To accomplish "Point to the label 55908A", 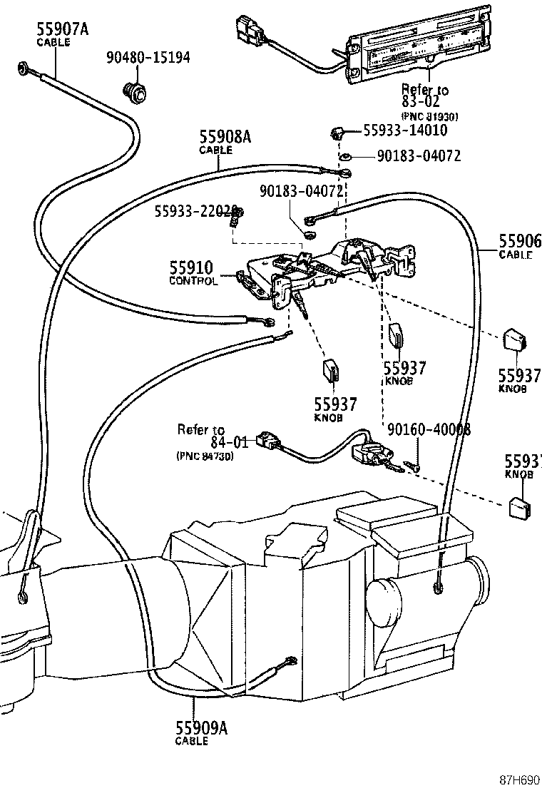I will pos(225,137).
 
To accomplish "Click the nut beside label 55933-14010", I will pos(339,133).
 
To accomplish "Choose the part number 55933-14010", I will pos(405,130).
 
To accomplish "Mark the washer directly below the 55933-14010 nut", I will pos(344,156).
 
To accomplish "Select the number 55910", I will pos(190,268).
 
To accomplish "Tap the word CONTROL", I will pos(193,281).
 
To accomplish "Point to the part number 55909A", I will pos(201,728).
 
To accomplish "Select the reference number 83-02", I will pos(420,102).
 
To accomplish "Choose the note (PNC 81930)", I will pos(429,116).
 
